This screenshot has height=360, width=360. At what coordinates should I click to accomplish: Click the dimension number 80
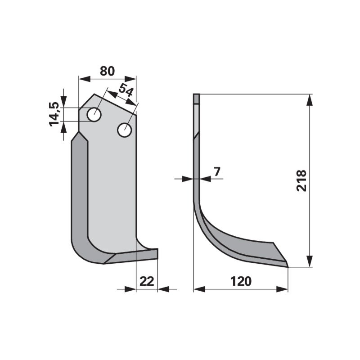coord(107,71)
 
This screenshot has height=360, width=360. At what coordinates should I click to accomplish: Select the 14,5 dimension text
coord(54,114)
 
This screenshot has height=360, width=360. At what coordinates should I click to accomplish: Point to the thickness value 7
coord(217,171)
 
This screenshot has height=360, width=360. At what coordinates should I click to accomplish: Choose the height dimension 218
coord(301,181)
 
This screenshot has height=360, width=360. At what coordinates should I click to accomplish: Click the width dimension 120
coord(241,281)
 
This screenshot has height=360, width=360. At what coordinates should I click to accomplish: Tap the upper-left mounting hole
coord(94,114)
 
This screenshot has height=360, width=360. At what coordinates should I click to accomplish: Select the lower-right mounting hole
coord(125,130)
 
